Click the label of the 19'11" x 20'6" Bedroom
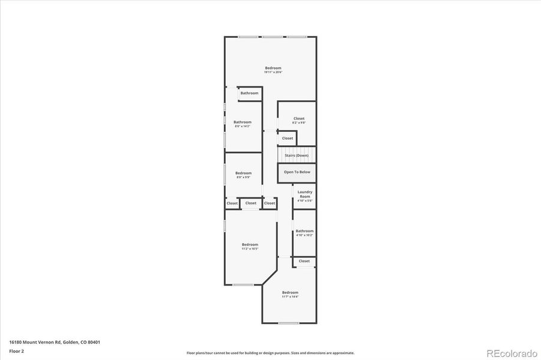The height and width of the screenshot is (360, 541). tap(273, 70)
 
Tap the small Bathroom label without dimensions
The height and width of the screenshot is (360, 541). tap(249, 93)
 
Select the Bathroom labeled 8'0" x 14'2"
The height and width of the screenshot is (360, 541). tap(243, 124)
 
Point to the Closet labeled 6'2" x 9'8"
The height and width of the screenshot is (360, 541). tap(298, 120)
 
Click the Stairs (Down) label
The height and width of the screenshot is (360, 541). tap(297, 155)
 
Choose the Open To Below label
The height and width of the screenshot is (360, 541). tap(297, 172)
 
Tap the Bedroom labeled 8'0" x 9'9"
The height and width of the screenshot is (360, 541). tap(243, 175)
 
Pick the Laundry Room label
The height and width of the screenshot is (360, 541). tap(305, 196)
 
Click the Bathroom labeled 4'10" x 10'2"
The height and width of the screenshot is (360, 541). tap(304, 232)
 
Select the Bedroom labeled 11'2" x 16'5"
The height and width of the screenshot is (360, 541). tap(250, 246)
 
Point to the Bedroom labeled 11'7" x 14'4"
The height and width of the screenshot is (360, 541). tap(290, 294)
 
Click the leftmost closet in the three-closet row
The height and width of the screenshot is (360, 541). tap(232, 203)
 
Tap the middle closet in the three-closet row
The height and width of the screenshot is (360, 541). tap(250, 203)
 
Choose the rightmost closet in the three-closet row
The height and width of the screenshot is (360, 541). tap(270, 203)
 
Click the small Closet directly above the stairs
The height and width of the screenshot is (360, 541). tap(288, 138)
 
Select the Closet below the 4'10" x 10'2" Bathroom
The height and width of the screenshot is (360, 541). tap(304, 261)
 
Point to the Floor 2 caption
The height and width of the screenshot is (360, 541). tap(17, 350)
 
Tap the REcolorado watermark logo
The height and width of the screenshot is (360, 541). tap(512, 353)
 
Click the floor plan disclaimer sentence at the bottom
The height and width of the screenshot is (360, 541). tap(270, 353)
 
